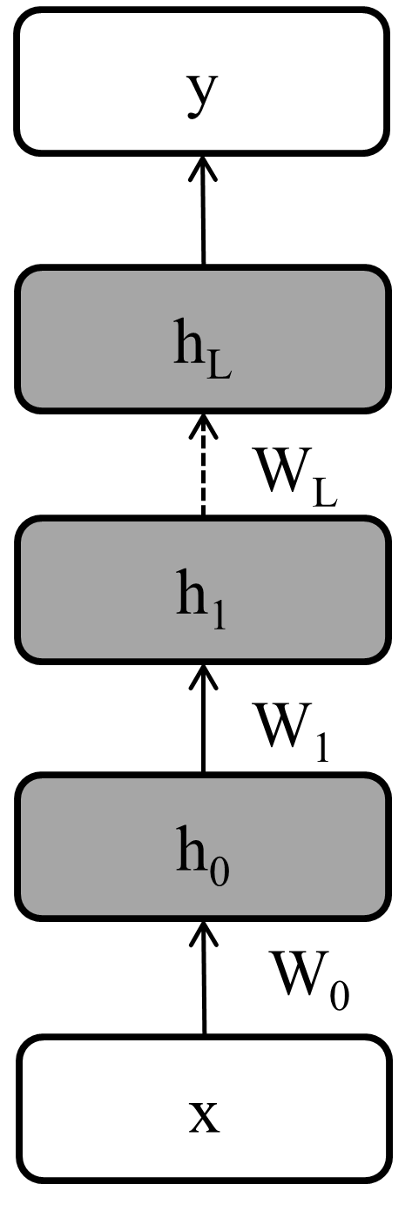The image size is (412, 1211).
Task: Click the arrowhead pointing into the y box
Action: point(204,165)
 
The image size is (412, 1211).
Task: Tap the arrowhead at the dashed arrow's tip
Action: point(204,421)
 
